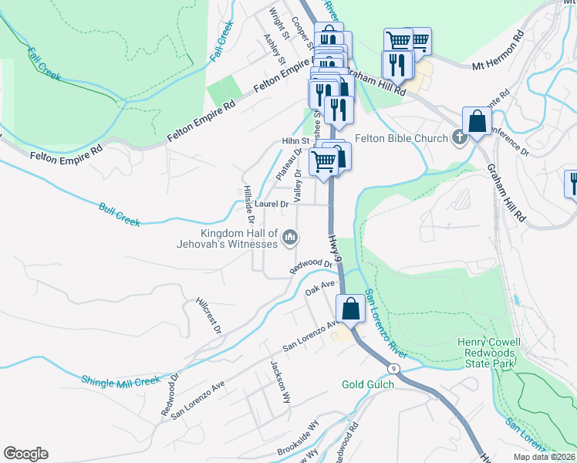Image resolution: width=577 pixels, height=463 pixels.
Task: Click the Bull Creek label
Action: [x=120, y=214]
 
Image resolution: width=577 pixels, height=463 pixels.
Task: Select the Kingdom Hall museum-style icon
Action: [x=290, y=237]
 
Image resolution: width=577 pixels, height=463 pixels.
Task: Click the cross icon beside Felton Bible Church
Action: [x=459, y=138]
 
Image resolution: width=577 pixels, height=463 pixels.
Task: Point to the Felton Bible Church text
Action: [x=401, y=139]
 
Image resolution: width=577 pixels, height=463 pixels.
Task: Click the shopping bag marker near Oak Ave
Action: [x=350, y=308]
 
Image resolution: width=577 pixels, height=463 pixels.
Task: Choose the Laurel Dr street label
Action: [x=272, y=204]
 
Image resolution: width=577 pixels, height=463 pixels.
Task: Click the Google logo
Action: [x=25, y=454]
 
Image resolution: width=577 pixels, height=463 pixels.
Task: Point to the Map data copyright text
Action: [x=544, y=457]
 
